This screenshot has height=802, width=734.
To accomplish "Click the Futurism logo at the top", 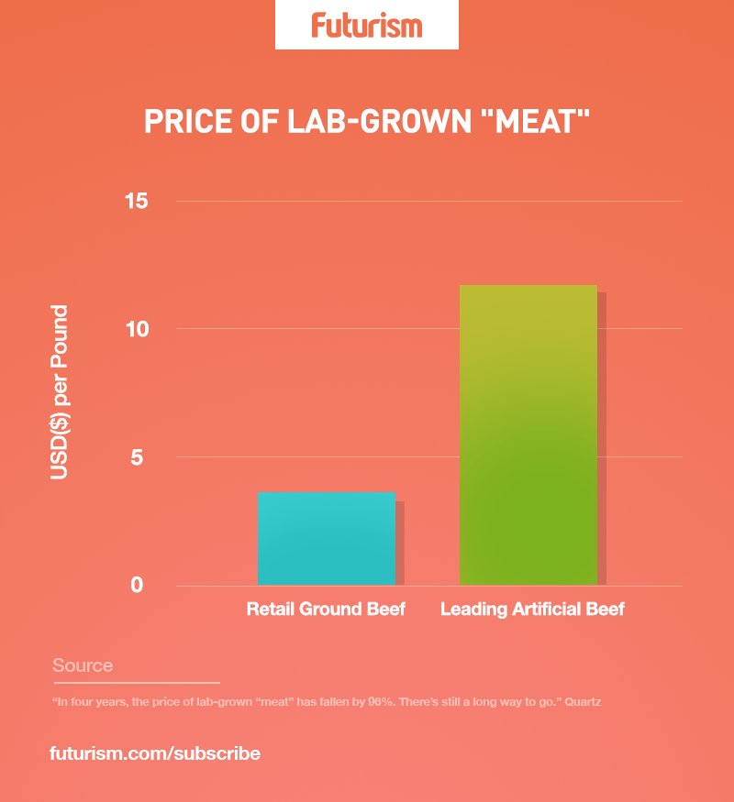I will tap(366, 25).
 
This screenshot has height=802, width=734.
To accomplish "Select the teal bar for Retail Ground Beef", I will tap(326, 539).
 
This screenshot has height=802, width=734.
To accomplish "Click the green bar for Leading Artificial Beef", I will tap(528, 435).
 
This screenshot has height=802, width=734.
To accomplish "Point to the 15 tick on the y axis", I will tap(137, 201).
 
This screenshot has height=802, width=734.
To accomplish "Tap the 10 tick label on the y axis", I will tap(137, 329).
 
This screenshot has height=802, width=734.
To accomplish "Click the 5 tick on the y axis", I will tap(137, 456).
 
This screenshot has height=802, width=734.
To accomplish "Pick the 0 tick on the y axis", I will tap(137, 585).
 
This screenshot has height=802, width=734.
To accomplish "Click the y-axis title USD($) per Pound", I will tap(60, 392).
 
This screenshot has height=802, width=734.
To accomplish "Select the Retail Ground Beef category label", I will tap(326, 609).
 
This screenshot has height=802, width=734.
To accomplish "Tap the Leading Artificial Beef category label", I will tap(532, 609).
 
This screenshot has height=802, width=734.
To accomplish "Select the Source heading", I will tap(83, 665).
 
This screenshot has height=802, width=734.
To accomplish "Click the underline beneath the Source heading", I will tap(136, 682).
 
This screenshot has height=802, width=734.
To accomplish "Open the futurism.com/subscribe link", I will tap(155, 753).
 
